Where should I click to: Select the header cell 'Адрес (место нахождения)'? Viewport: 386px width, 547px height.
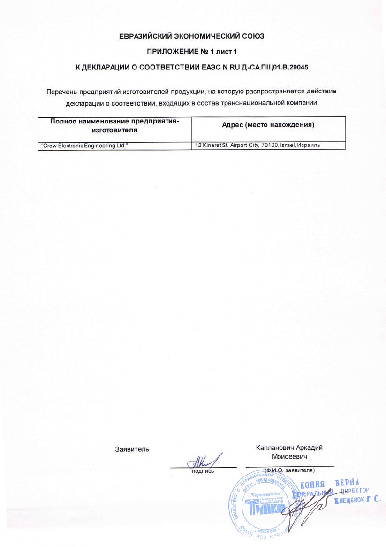coord(267,124)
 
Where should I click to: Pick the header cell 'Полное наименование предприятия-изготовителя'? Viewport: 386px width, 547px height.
coord(115,125)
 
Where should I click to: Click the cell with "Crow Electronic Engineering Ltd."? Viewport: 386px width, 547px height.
coord(85,146)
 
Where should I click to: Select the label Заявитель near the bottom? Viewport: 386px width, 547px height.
coord(132,449)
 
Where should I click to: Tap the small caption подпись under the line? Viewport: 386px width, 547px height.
coord(203,470)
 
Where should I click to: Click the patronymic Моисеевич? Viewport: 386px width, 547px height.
coord(289,456)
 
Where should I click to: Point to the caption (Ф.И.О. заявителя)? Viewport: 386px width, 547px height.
coord(289,470)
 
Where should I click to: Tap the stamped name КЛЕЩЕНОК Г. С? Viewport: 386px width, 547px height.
coord(357,501)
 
